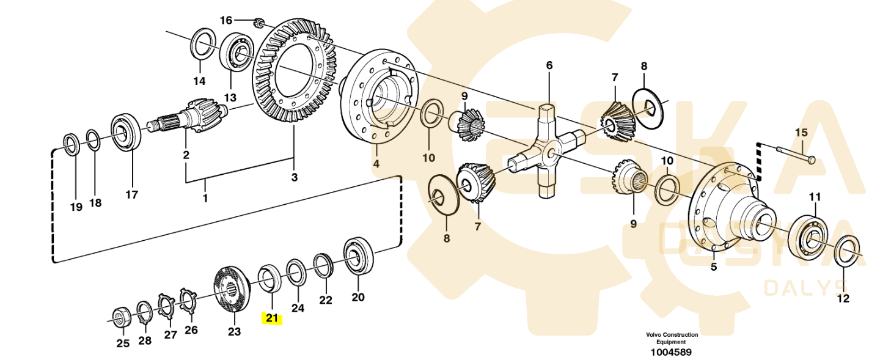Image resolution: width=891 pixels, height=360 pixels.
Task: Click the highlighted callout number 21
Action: pyautogui.click(x=271, y=318)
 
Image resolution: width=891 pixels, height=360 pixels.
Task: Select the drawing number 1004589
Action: pyautogui.click(x=671, y=352)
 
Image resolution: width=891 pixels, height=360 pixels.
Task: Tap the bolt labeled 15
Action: pyautogui.click(x=796, y=155)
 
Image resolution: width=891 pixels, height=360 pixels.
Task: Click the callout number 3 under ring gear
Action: pyautogui.click(x=294, y=177)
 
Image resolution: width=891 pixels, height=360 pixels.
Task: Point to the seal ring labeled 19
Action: pyautogui.click(x=71, y=145)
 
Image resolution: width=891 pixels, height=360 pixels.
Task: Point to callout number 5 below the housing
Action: pyautogui.click(x=713, y=268)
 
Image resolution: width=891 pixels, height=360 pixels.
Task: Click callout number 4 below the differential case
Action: pyautogui.click(x=376, y=164)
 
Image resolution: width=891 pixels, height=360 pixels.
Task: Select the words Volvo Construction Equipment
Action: pyautogui.click(x=671, y=338)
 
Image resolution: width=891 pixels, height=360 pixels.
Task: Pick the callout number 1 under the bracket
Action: pyautogui.click(x=205, y=199)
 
